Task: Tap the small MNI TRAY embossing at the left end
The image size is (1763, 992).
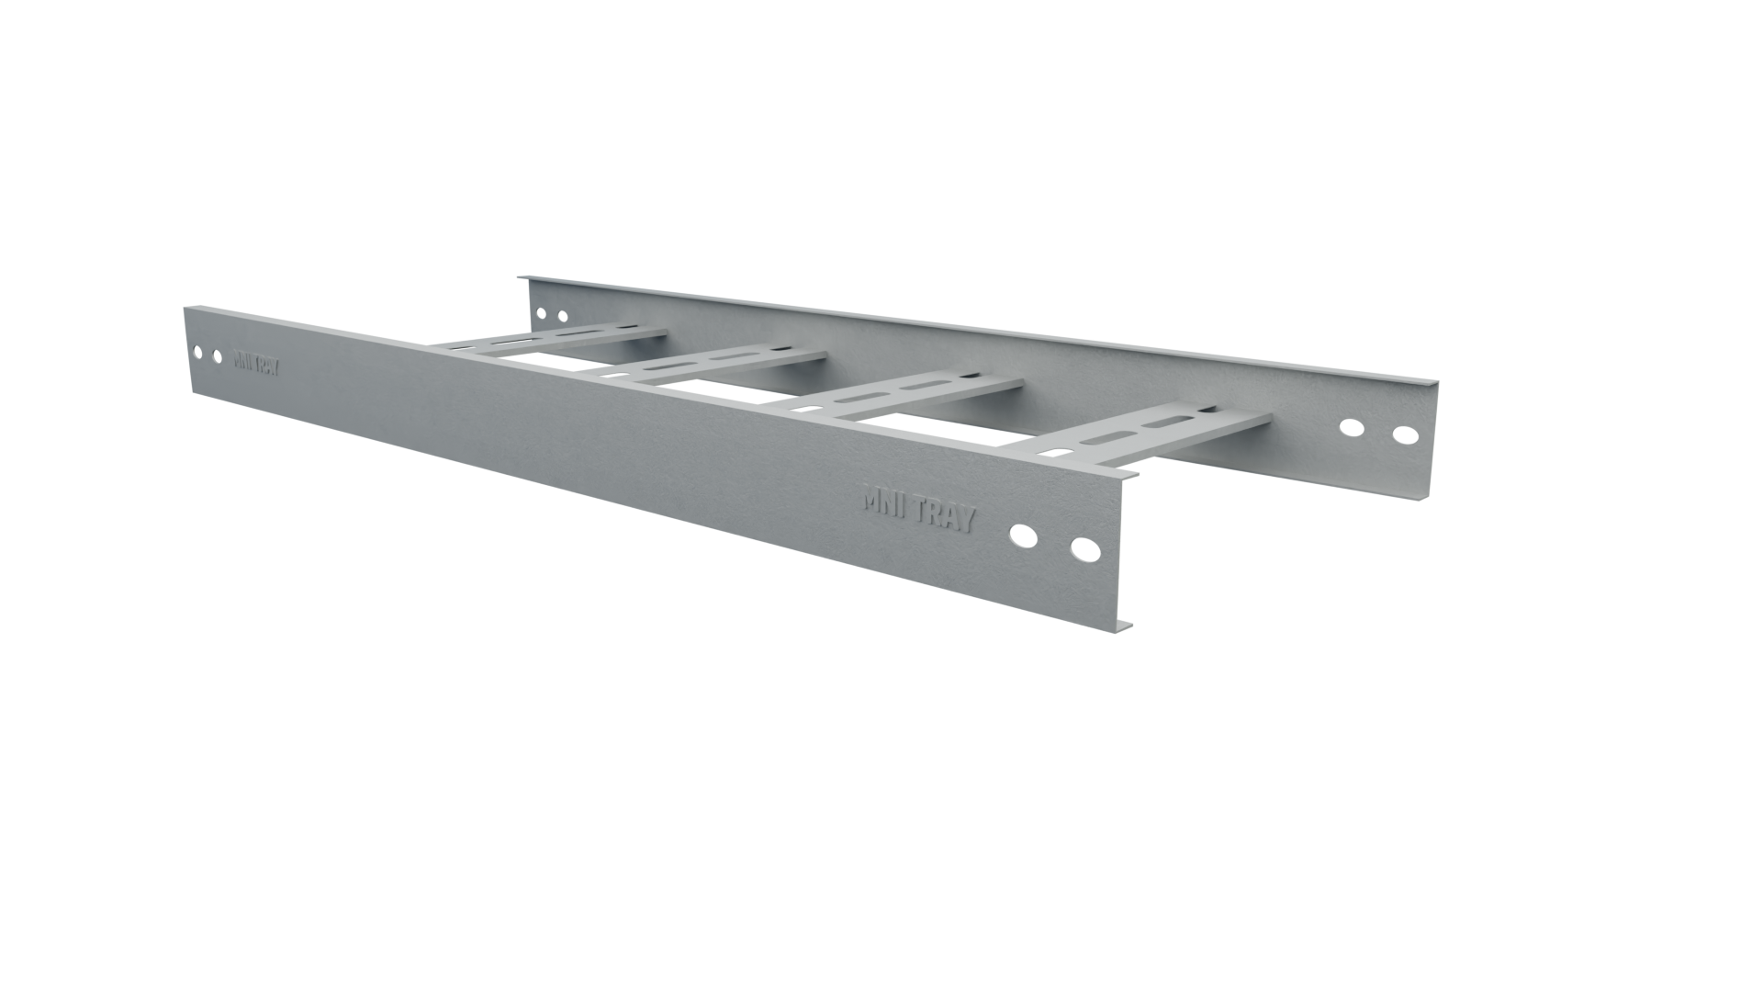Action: tap(256, 362)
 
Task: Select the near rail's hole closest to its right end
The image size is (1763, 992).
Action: tap(1082, 552)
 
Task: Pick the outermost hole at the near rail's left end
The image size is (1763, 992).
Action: tap(195, 351)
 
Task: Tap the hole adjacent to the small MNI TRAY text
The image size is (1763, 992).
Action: tap(217, 355)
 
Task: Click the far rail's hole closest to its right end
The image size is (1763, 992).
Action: tap(1404, 434)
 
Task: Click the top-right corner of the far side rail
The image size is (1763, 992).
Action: tap(1438, 387)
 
